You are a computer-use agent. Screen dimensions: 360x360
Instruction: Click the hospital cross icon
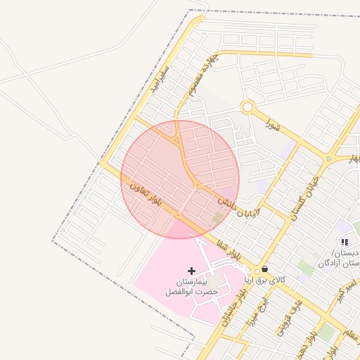pyautogui.click(x=191, y=271)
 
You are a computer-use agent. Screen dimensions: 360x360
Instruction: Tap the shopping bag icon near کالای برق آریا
pyautogui.click(x=264, y=269)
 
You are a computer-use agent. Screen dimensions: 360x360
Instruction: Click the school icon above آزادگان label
pyautogui.click(x=344, y=243)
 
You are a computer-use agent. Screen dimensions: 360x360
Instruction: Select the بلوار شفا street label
pyautogui.click(x=229, y=247)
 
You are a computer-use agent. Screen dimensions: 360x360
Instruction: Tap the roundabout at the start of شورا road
pyautogui.click(x=247, y=108)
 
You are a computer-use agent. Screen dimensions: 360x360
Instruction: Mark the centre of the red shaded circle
pyautogui.click(x=180, y=179)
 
